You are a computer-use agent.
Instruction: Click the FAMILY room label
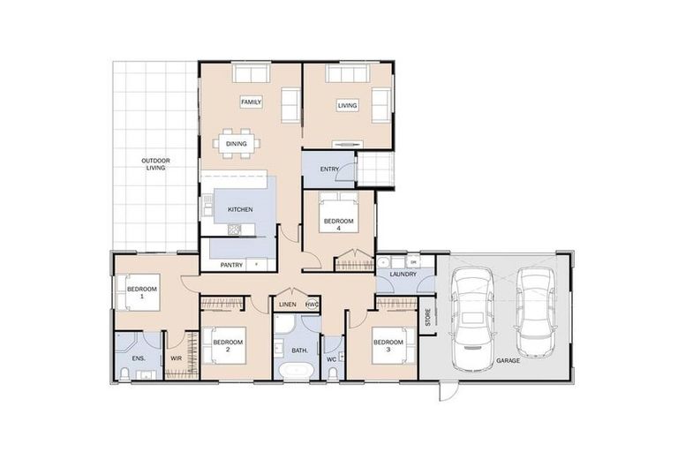[251, 102]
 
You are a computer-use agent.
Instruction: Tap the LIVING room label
[347, 106]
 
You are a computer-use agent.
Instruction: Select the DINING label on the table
[236, 143]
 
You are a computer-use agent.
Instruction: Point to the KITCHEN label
[240, 209]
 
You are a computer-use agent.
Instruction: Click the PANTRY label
[232, 263]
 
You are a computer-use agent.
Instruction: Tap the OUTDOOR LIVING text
[156, 164]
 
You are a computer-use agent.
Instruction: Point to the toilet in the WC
[333, 372]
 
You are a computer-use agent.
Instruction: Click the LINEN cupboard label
[287, 305]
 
